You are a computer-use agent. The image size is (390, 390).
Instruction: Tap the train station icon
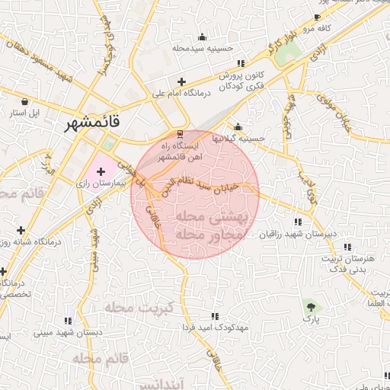(x=180, y=130)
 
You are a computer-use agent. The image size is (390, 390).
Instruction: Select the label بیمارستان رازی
(x=100, y=184)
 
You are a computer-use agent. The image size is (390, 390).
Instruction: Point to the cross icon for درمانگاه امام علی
(x=181, y=82)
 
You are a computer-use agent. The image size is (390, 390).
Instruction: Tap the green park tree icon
(x=311, y=307)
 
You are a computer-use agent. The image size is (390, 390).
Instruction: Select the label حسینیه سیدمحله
(x=201, y=49)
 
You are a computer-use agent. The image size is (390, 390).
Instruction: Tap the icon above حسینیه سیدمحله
(x=201, y=37)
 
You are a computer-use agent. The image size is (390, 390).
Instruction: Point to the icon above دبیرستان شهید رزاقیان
(x=297, y=222)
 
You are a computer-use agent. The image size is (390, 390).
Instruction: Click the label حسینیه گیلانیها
(x=238, y=139)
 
